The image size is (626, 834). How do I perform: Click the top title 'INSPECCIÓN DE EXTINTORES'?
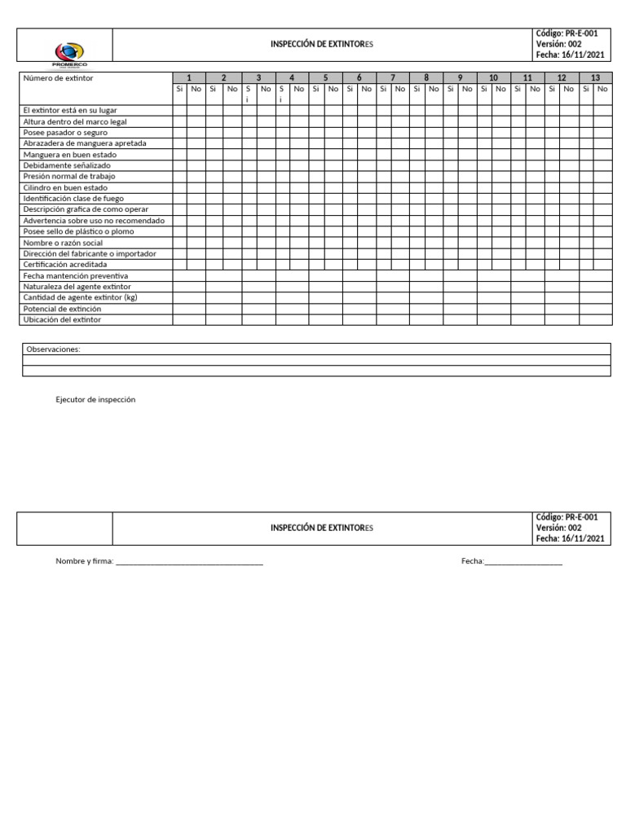[322, 44]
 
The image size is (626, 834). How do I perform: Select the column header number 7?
[393, 78]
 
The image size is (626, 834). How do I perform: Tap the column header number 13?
[595, 78]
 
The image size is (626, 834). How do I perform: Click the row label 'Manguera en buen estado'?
[70, 154]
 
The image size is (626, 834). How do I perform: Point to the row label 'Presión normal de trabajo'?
[69, 176]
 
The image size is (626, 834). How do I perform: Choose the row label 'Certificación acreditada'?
[65, 265]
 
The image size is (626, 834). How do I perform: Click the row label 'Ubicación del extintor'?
[62, 320]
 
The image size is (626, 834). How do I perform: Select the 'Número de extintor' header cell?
[58, 78]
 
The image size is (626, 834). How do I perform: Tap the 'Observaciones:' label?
[54, 349]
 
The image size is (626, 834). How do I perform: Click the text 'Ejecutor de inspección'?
[95, 400]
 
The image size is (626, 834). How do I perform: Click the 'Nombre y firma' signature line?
[189, 562]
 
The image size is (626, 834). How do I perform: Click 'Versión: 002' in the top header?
[558, 44]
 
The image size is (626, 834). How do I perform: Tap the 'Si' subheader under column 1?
[180, 89]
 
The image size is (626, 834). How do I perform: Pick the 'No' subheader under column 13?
[602, 89]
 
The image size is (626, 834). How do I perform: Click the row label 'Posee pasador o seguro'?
[65, 132]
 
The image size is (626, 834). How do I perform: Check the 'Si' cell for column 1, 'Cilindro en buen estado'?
[180, 187]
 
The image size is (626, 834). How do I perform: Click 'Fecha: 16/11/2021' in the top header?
[571, 55]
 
